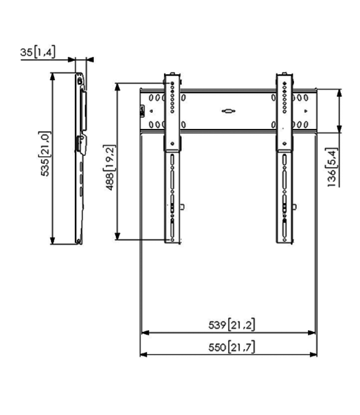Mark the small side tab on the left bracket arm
[183, 208]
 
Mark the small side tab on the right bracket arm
[294, 208]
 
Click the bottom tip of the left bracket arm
[172, 241]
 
